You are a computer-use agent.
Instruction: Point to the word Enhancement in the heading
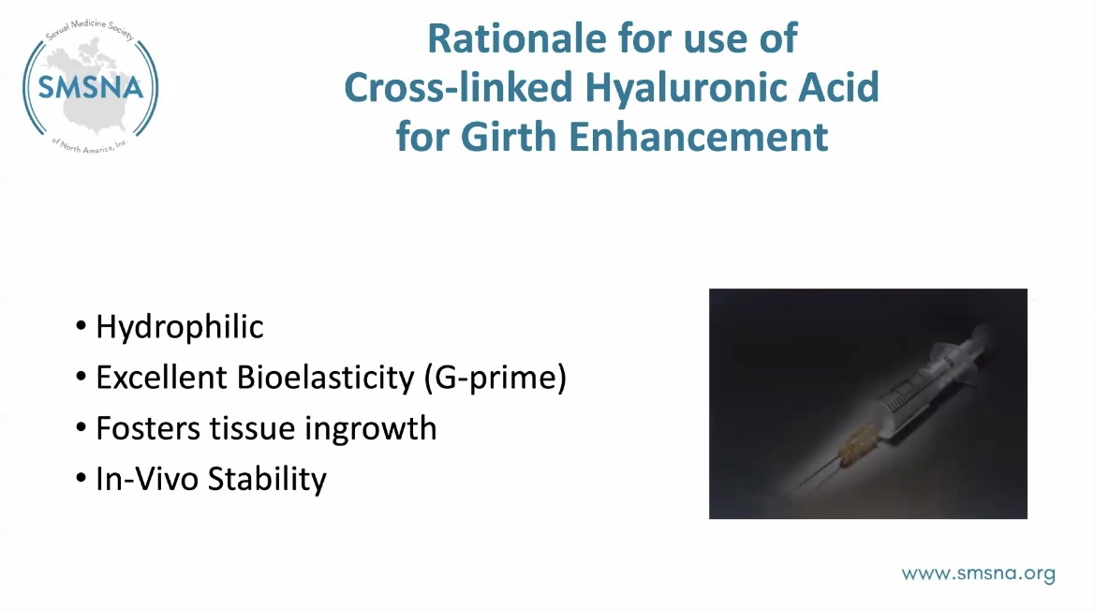tap(699, 136)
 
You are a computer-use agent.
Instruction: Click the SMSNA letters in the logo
tap(91, 87)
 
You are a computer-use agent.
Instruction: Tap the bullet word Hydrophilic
tap(180, 327)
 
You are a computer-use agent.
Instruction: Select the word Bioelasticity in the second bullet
tap(325, 378)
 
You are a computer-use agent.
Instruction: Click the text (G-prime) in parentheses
tap(496, 378)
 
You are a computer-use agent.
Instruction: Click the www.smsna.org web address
tap(978, 574)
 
